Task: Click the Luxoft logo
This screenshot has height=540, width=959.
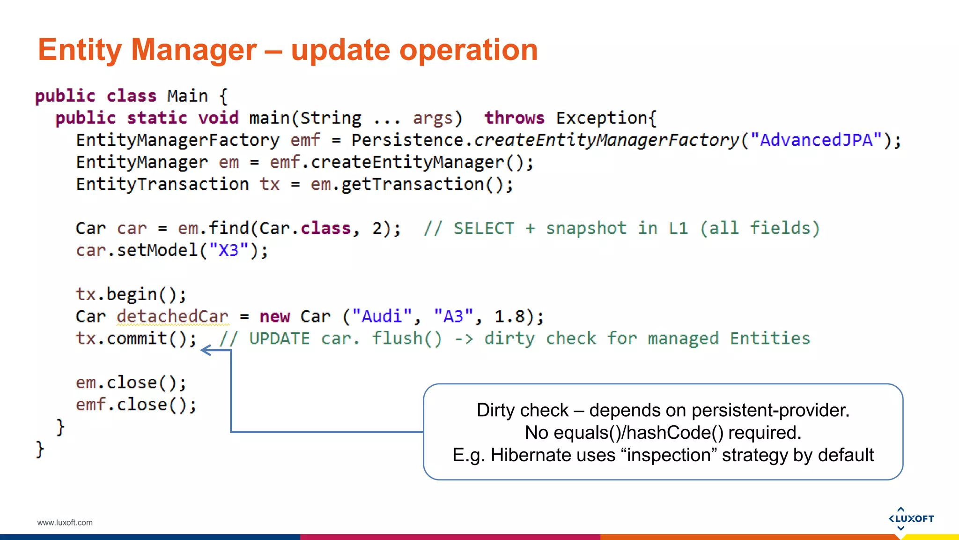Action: click(x=911, y=518)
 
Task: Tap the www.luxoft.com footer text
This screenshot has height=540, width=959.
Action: click(x=65, y=523)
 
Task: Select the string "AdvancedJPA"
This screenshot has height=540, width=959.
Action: click(x=816, y=140)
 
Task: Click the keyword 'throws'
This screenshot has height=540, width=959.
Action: click(x=514, y=118)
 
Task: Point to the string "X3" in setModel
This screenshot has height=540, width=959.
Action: click(x=229, y=250)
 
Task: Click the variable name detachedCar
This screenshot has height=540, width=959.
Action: click(x=173, y=316)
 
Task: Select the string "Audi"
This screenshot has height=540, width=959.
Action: click(x=382, y=316)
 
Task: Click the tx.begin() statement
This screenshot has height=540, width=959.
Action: click(x=131, y=294)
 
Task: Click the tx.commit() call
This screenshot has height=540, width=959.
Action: click(x=136, y=338)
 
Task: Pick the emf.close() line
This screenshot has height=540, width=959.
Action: click(x=136, y=405)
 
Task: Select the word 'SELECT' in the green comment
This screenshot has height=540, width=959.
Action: click(x=483, y=229)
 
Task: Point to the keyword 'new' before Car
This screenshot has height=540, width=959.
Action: click(x=275, y=317)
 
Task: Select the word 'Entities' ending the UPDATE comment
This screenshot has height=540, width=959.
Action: click(x=769, y=338)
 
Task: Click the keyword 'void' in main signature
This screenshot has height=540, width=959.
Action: click(x=218, y=118)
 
